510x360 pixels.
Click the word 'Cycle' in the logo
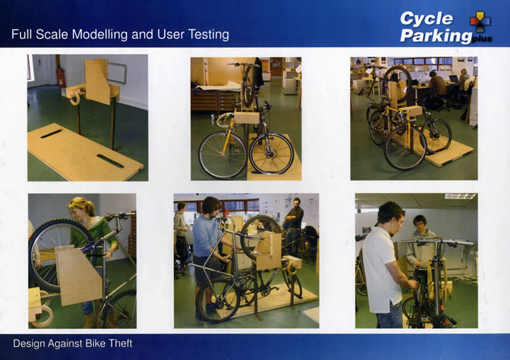pos(426,18)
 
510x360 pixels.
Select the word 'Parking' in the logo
pos(436,36)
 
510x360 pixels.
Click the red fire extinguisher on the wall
pos(61,77)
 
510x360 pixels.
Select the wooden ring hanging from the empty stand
pos(75,97)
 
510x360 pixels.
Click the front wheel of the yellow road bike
pos(222,155)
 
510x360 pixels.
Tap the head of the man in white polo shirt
pos(391,215)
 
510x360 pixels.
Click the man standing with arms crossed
pos(295,224)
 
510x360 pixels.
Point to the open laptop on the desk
pos(453,78)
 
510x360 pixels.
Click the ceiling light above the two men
pos(460,196)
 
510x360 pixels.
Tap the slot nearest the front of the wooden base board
pos(110,161)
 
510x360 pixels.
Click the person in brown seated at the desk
pos(437,85)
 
